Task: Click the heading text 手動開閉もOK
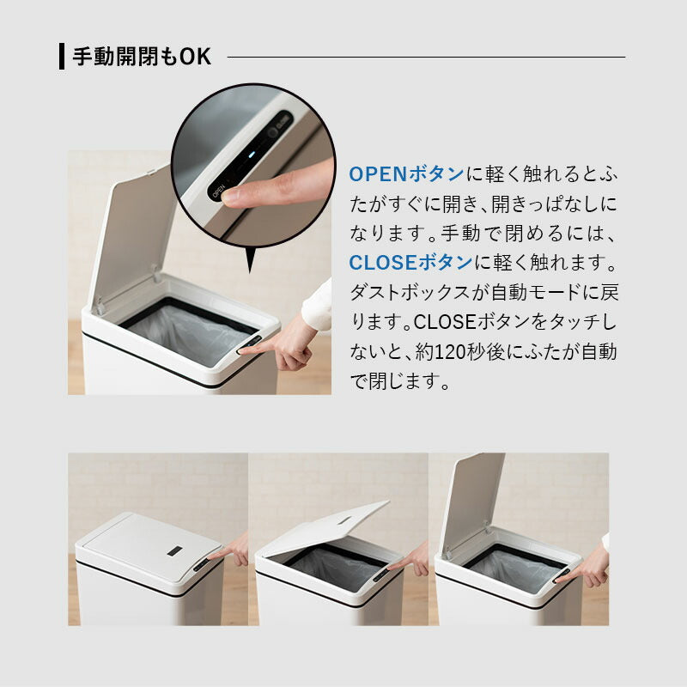pos(141,57)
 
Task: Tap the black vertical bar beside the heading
pos(62,57)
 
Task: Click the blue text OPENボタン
pos(406,173)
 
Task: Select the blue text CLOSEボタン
pos(410,262)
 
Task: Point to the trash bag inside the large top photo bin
pos(185,331)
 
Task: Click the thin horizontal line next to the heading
pos(425,57)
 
